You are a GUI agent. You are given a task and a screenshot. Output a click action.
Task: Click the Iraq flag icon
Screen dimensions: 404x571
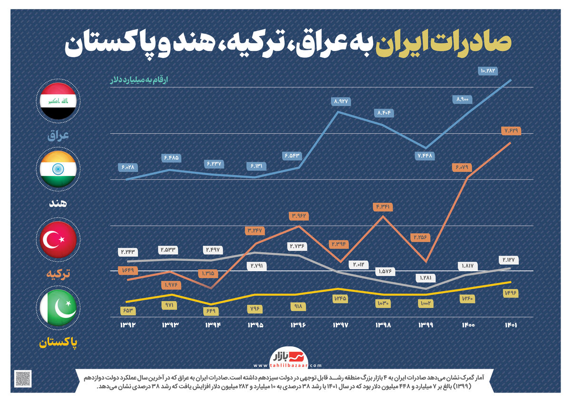[x=58, y=100]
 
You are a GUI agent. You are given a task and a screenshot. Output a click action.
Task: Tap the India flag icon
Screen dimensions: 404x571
[x=58, y=169]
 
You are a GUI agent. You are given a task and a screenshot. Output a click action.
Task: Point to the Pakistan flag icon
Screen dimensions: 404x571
[x=58, y=310]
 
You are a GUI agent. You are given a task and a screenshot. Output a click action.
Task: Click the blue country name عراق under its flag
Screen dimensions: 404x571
[x=59, y=135]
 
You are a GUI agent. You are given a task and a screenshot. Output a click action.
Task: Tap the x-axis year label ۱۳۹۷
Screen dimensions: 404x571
[x=340, y=325]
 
